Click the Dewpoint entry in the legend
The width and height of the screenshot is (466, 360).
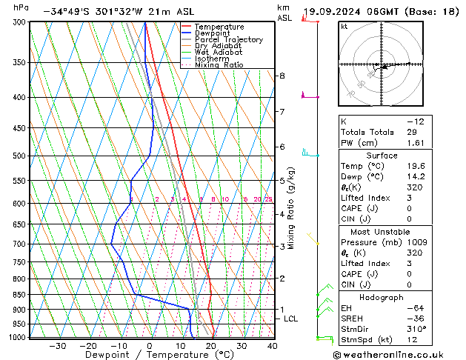tap(216, 33)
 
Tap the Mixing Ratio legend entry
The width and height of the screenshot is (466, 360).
tap(219, 65)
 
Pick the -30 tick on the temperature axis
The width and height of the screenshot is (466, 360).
tap(57, 346)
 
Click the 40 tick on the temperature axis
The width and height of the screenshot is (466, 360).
tap(272, 346)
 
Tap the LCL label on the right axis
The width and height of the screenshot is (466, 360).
tap(291, 319)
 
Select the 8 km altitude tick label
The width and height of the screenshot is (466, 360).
tap(282, 76)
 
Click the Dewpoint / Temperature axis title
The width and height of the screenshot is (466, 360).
tap(150, 355)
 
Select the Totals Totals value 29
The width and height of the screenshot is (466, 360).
tap(412, 131)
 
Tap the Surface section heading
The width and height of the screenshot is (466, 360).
tap(382, 156)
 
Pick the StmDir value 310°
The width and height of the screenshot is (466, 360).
tap(416, 328)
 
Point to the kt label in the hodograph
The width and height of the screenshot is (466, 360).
tap(344, 26)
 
